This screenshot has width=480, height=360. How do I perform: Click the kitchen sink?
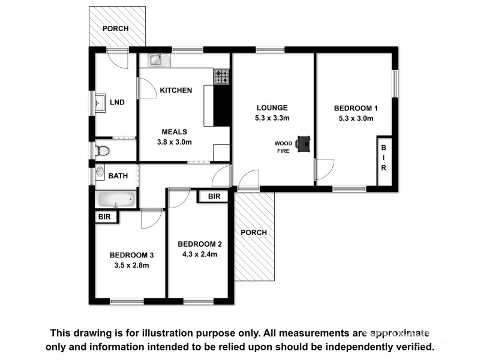pyautogui.click(x=156, y=59)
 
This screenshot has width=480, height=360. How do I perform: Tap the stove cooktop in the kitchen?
pyautogui.click(x=222, y=76)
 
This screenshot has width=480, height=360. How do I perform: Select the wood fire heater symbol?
pyautogui.click(x=305, y=143)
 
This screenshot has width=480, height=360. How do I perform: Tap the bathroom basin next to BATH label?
pyautogui.click(x=100, y=175)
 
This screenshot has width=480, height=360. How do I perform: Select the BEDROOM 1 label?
pyautogui.click(x=356, y=108)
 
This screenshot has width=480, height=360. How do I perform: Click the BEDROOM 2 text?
pyautogui.click(x=200, y=244)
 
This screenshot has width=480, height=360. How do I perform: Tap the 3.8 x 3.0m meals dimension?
pyautogui.click(x=174, y=142)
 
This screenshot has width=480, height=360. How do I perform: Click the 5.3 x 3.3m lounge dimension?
pyautogui.click(x=272, y=118)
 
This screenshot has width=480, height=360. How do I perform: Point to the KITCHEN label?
pyautogui.click(x=175, y=91)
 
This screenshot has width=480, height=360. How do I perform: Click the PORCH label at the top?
pyautogui.click(x=116, y=28)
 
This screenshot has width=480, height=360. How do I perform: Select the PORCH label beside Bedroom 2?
pyautogui.click(x=253, y=233)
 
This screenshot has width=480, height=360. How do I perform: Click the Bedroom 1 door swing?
pyautogui.click(x=325, y=169)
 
